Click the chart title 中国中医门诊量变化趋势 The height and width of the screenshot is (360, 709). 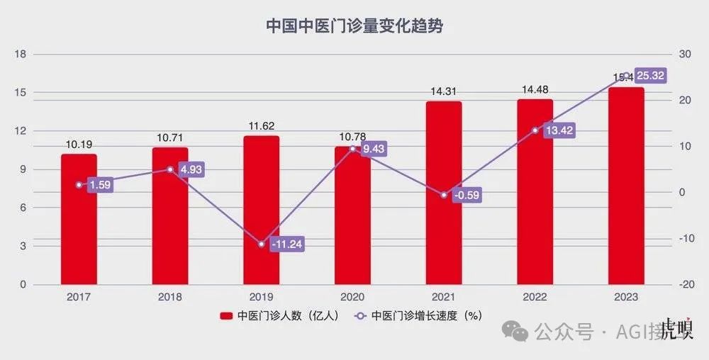(354, 26)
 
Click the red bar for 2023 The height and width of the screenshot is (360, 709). (626, 186)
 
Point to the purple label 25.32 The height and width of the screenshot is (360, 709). (650, 75)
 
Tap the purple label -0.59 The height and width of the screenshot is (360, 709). (465, 195)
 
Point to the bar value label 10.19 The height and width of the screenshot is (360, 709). (79, 144)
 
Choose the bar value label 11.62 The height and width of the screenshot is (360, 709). (261, 125)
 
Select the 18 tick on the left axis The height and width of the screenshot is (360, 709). (21, 55)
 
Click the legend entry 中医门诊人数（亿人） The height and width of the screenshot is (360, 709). (282, 316)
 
